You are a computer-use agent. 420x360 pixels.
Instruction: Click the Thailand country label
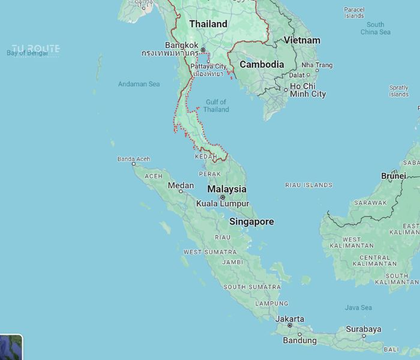tap(208, 24)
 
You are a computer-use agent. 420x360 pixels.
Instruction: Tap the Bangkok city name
tap(181, 45)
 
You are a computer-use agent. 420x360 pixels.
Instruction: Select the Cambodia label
tap(262, 64)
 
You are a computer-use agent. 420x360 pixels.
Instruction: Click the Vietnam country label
tap(302, 40)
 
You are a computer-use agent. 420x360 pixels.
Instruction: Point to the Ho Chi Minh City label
tap(307, 90)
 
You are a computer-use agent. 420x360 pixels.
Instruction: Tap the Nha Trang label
tap(317, 65)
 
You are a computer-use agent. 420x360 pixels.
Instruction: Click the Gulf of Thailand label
tap(216, 106)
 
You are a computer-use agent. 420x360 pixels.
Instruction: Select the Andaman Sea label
tap(139, 84)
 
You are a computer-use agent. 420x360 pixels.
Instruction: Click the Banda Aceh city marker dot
tap(133, 164)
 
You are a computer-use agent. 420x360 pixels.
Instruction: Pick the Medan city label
tap(181, 185)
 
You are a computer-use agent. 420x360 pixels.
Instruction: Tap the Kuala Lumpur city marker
tap(223, 197)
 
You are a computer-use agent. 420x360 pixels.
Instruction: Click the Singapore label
tap(251, 221)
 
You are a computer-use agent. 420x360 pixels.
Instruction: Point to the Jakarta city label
tap(290, 319)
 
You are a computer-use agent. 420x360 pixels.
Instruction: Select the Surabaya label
tap(364, 329)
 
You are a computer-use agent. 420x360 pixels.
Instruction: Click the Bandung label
tap(299, 340)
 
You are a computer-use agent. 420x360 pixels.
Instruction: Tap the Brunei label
tap(393, 176)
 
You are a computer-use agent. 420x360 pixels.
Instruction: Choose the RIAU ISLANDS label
tap(308, 185)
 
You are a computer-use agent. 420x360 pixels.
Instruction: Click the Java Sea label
tap(358, 308)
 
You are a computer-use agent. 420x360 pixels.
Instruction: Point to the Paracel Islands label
tap(354, 13)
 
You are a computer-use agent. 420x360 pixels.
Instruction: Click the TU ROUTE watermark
tap(36, 49)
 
